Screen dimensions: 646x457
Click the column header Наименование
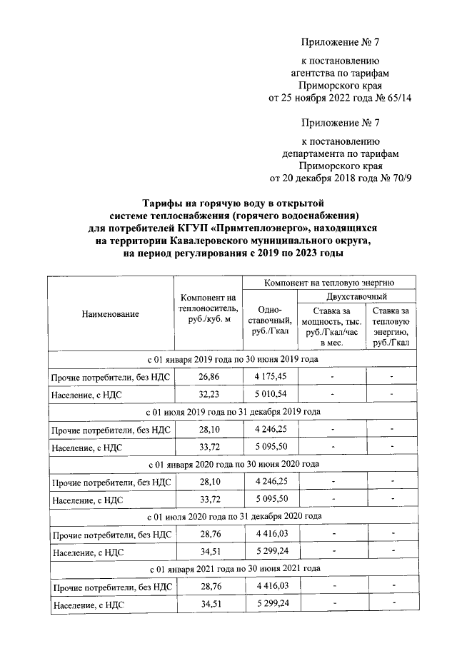[110, 313]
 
